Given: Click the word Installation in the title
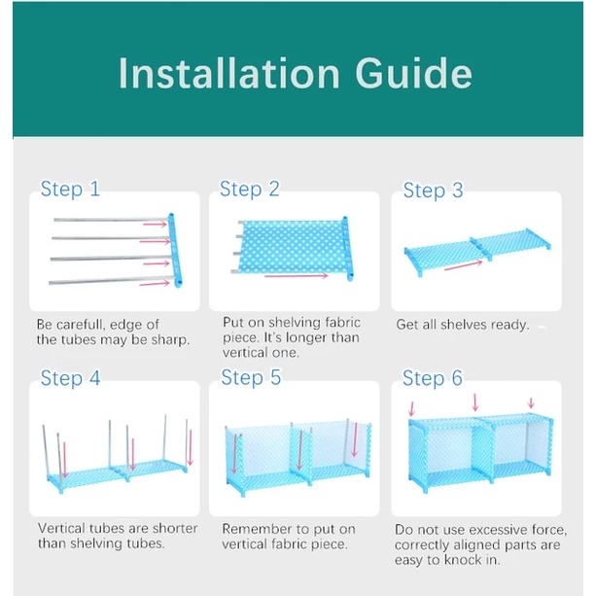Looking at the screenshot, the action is [228, 73].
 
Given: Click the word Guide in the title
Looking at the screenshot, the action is [413, 73].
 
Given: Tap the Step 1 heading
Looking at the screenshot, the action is [70, 189].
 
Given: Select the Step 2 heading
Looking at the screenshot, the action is [249, 189].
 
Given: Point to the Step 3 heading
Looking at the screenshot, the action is [433, 190].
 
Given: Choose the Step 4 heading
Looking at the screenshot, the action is [70, 378].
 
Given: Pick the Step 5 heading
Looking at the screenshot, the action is [251, 377].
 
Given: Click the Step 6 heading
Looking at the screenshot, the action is [433, 378].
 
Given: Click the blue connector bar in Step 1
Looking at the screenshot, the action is [175, 250].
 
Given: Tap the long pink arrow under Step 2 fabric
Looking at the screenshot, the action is [297, 276].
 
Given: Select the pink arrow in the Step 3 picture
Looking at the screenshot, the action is [464, 265].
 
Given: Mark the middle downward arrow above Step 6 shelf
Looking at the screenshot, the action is [475, 403].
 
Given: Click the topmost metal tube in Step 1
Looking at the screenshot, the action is [111, 220].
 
